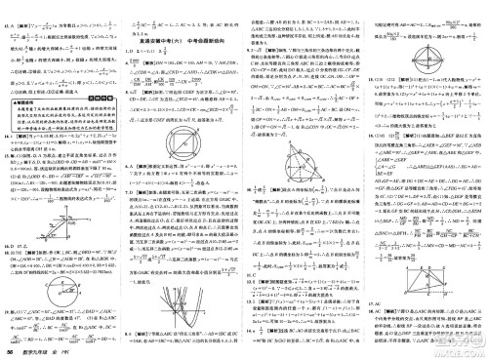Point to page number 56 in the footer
[x=8, y=352]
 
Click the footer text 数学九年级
[x=37, y=352]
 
